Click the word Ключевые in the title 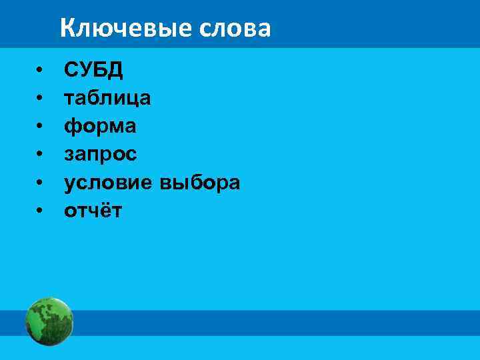tap(126, 28)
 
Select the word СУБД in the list tap(93, 70)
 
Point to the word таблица tap(107, 99)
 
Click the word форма tap(100, 127)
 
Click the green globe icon tap(49, 321)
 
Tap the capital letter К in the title tap(67, 28)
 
